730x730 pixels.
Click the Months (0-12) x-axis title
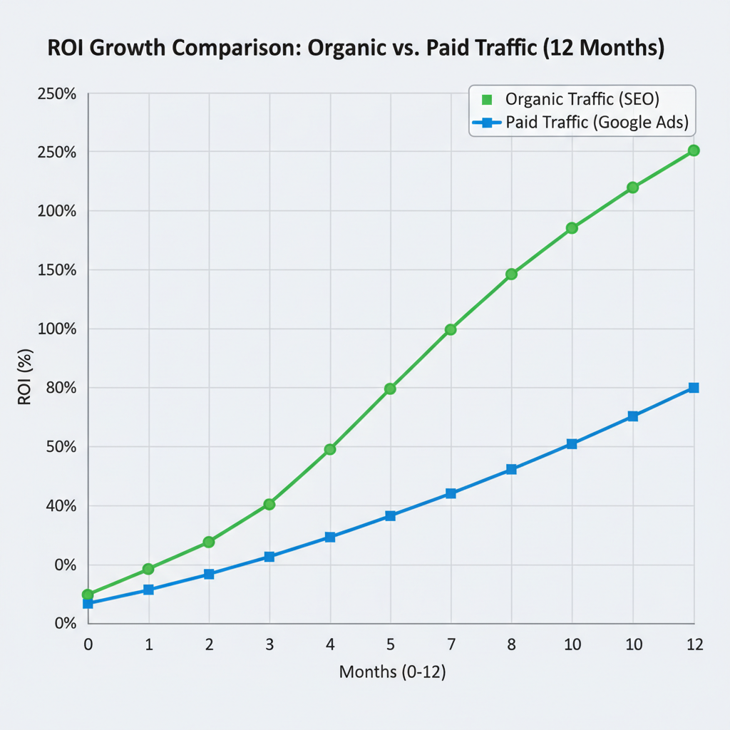(x=392, y=672)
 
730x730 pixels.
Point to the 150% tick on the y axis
(x=57, y=270)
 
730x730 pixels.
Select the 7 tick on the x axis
(x=451, y=644)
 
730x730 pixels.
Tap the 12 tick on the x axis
(x=694, y=644)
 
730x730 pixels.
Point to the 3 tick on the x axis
(x=269, y=644)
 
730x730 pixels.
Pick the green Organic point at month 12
(x=694, y=150)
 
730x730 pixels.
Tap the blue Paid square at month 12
(x=694, y=388)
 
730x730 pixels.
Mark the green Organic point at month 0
(x=88, y=595)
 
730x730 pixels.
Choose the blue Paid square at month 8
(x=511, y=469)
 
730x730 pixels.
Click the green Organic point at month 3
(x=269, y=504)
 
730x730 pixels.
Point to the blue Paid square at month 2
(x=209, y=574)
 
